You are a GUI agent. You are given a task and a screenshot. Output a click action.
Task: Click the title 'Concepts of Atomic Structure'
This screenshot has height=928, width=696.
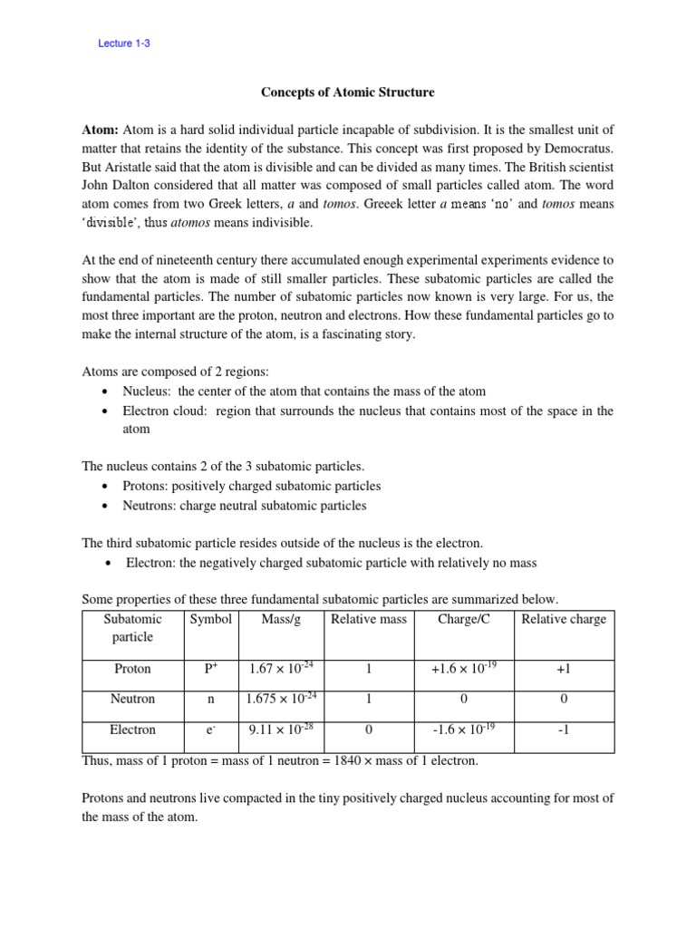click(x=347, y=92)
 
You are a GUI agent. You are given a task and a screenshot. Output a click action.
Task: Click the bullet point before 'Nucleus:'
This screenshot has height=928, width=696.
click(x=106, y=392)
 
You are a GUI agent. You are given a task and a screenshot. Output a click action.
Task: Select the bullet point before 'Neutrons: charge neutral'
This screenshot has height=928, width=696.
click(x=106, y=507)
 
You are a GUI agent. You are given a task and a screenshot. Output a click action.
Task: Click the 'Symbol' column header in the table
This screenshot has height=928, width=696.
click(x=210, y=620)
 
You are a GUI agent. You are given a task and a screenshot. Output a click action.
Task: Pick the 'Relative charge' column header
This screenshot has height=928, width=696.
click(x=564, y=620)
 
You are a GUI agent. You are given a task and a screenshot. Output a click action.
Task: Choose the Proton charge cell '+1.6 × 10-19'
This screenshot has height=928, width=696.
click(x=464, y=669)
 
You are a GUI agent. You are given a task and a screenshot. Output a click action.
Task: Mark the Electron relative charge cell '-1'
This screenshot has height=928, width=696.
click(x=564, y=730)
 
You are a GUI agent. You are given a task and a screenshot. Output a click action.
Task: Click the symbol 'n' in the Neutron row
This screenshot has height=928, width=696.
click(x=210, y=700)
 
